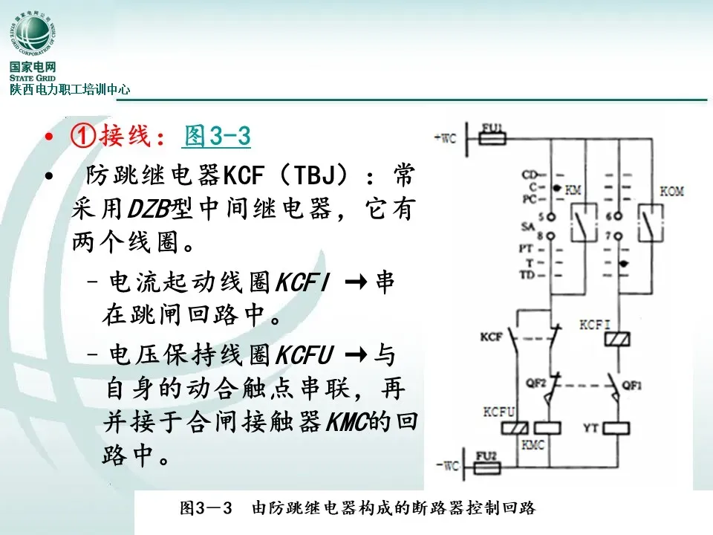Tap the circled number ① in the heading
click(80, 136)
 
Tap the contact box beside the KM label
click(583, 221)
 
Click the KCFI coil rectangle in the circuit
click(618, 340)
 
